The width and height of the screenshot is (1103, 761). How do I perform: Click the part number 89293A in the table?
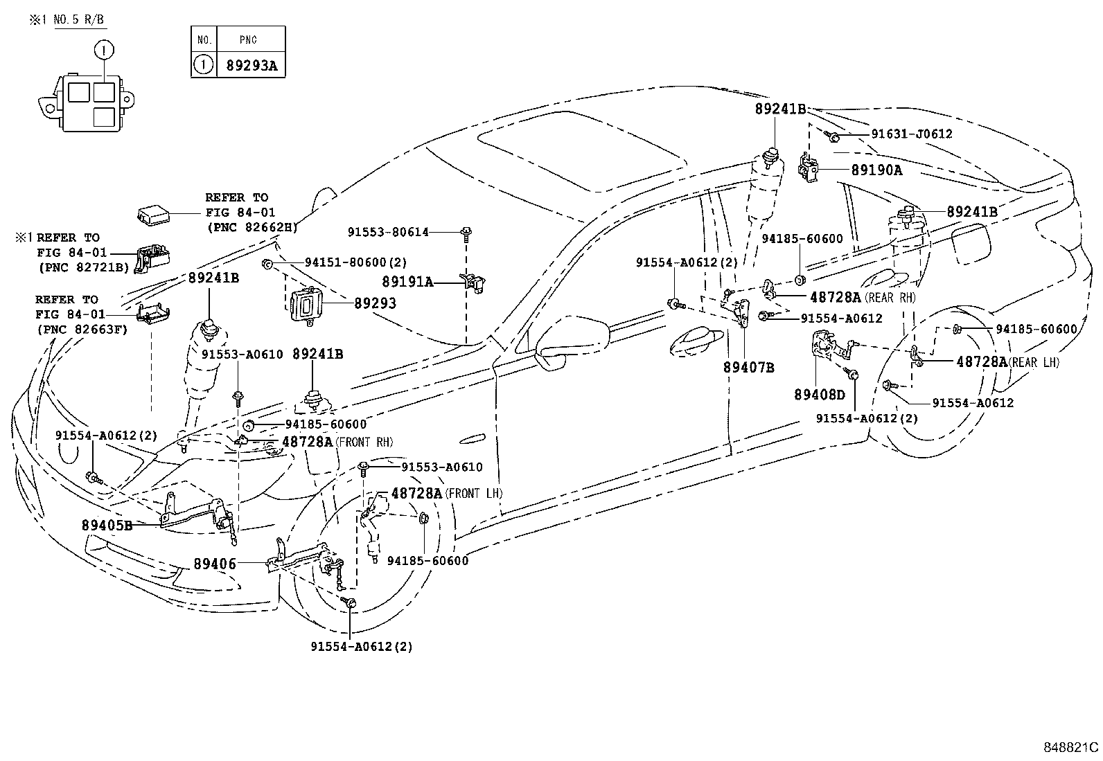(x=251, y=65)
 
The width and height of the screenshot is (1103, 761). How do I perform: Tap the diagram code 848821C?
(x=1070, y=747)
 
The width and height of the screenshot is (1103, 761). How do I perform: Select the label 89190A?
(x=876, y=170)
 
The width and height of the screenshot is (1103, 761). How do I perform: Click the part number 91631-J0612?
(x=912, y=134)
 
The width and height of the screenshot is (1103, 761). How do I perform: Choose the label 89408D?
(x=820, y=394)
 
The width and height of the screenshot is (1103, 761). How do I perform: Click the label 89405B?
(x=107, y=525)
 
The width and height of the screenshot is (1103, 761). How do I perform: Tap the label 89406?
(x=215, y=564)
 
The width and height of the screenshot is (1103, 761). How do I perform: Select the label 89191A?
(x=407, y=281)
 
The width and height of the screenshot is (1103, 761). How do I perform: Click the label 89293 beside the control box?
(x=375, y=303)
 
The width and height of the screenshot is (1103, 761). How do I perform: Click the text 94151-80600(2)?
(x=355, y=262)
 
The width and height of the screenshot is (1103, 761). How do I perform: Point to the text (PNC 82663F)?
(x=82, y=329)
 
